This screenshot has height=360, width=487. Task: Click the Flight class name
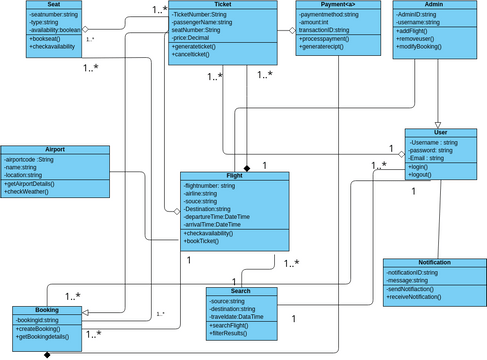click(234, 176)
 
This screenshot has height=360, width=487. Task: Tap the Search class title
click(239, 291)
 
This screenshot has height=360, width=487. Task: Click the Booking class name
click(47, 311)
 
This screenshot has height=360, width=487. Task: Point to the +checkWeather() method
click(29, 192)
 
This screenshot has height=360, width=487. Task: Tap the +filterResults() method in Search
click(232, 333)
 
